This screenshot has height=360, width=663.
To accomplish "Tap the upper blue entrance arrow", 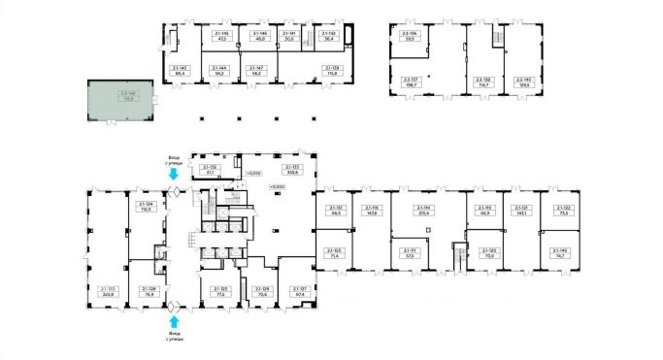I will (173, 176).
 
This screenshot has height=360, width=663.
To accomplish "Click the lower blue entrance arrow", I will (173, 321).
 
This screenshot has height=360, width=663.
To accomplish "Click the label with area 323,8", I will (108, 291).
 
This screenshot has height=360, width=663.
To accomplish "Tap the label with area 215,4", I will (422, 211).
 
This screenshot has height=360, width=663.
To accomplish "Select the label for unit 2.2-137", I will (409, 82).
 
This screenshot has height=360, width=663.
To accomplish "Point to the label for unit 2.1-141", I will (287, 36).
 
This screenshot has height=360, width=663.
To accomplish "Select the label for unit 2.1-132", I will (213, 171).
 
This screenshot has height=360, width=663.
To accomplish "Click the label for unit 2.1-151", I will (335, 211).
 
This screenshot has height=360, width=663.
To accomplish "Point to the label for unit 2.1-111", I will (409, 252).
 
